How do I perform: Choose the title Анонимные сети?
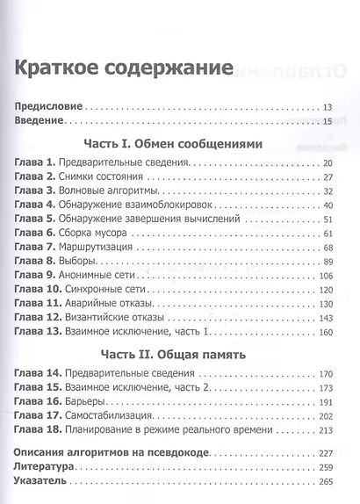[x=101, y=276]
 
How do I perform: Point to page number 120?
[x=328, y=290]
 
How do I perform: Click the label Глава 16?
[x=39, y=402]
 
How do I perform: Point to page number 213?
[x=328, y=430]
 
